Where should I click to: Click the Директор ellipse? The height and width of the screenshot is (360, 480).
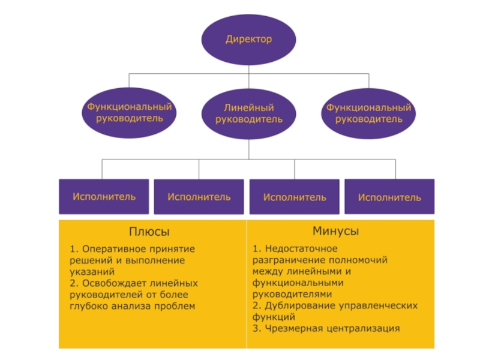pos(248,40)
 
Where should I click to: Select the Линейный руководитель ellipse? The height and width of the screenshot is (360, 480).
pos(248,113)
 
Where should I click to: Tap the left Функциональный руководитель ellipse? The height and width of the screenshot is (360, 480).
pos(129,113)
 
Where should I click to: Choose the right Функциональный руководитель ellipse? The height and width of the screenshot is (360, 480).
pos(368,113)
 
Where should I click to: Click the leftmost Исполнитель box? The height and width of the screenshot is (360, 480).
pos(104,197)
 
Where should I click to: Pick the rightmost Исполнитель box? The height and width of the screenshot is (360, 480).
pos(389,197)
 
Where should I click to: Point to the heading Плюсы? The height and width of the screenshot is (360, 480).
pos(149,232)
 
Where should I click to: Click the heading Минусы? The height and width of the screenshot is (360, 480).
pos(335,231)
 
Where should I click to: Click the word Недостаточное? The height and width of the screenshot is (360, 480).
pos(301,248)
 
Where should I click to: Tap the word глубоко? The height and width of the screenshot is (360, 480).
pos(89,307)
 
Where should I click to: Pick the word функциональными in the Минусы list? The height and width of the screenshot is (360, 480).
pos(298,283)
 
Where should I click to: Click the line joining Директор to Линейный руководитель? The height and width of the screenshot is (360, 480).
pos(248,77)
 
